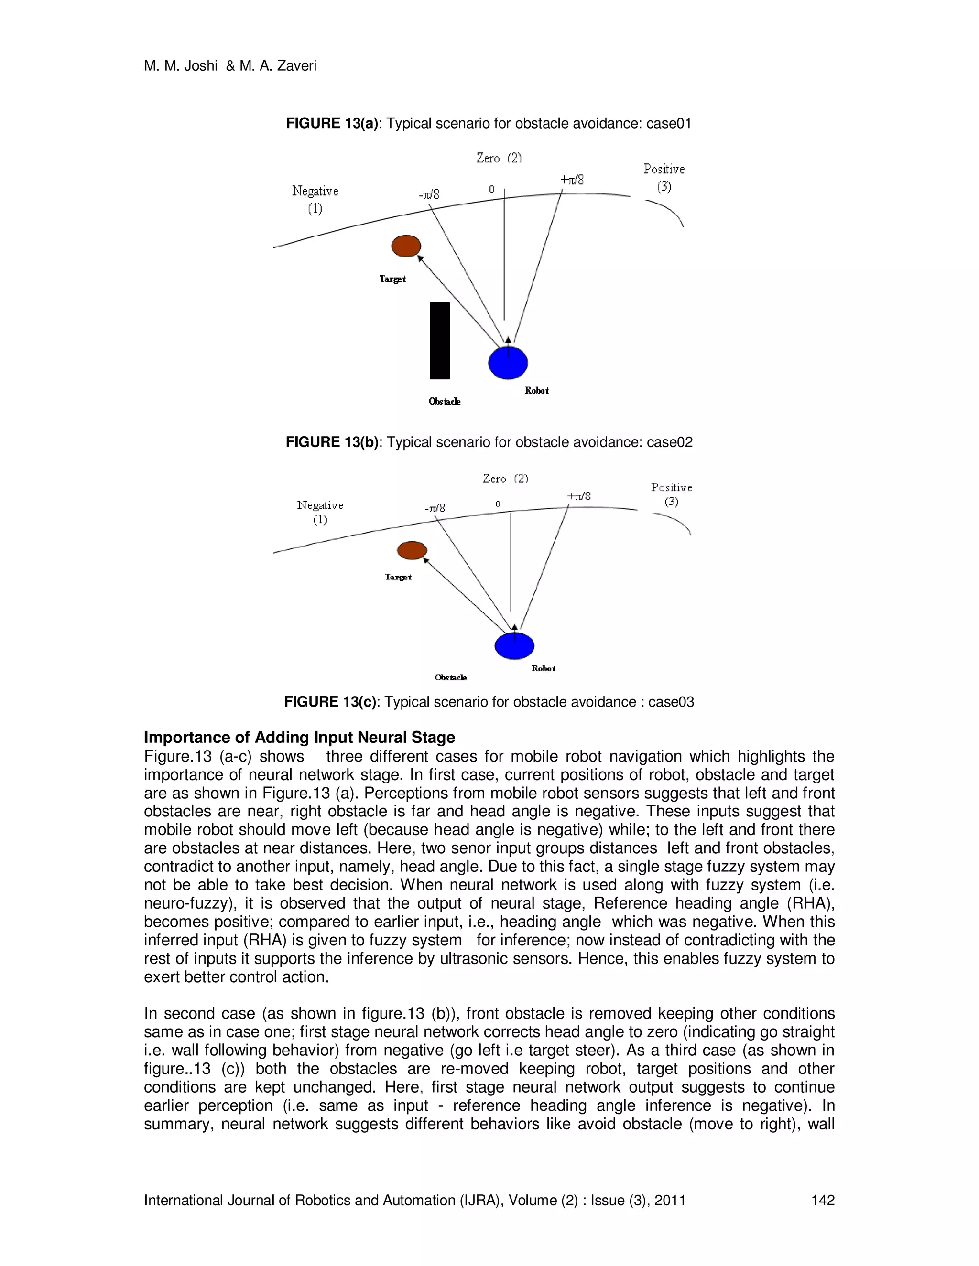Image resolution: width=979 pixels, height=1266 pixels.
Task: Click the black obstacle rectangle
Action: coord(440,340)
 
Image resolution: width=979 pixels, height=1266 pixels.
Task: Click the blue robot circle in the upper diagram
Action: coord(508,363)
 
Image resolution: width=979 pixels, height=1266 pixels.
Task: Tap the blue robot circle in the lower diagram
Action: coord(514,646)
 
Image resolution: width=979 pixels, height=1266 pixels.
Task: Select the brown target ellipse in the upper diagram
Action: coord(406,246)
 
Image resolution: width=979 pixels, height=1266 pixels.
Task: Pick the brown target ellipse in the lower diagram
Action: coord(412,550)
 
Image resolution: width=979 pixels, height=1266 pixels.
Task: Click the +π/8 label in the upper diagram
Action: coord(572,180)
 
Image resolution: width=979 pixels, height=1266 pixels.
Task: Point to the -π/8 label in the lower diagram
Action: coord(435,508)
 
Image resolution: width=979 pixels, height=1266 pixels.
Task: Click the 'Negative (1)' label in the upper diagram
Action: coord(315,199)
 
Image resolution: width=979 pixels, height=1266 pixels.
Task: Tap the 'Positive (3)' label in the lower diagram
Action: coord(672,494)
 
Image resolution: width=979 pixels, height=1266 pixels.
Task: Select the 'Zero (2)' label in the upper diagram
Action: coord(499,158)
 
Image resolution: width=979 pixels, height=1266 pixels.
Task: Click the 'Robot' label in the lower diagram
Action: coord(544,668)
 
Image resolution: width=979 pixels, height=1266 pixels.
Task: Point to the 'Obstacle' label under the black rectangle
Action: coord(444,402)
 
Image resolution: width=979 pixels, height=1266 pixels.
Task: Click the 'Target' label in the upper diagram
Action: coord(392,279)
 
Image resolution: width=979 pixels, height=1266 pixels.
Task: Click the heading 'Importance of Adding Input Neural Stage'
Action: coord(299,737)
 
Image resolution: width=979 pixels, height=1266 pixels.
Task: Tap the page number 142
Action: coord(822,1200)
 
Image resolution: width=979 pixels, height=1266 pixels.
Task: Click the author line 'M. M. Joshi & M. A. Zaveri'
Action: coord(230,66)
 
